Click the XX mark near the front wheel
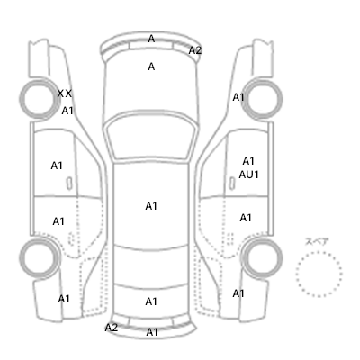coord(65,94)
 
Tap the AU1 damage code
coord(248,175)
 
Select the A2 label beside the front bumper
coord(195,50)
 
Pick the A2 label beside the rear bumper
coord(112,328)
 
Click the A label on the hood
coord(151,67)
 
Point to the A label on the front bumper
coord(151,39)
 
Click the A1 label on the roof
coord(151,206)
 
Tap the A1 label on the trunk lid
coord(151,301)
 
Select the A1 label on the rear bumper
coord(152,332)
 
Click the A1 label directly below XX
coord(67,111)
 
